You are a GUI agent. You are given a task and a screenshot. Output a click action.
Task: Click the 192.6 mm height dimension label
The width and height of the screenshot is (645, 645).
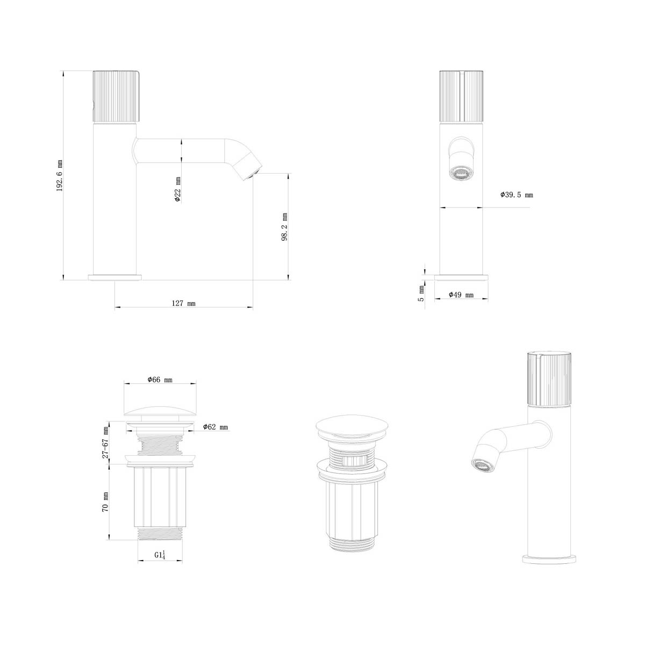coord(60,175)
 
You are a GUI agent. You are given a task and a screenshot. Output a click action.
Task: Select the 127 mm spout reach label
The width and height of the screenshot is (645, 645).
coord(183,303)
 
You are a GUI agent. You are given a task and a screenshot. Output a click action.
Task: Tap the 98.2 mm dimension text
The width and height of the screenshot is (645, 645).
coord(284,227)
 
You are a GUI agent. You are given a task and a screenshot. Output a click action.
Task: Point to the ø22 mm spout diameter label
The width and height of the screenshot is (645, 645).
coord(178,189)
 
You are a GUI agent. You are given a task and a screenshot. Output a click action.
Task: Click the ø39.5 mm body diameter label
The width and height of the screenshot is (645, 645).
coord(517,195)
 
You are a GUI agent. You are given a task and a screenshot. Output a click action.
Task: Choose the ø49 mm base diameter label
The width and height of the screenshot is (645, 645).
coord(461,295)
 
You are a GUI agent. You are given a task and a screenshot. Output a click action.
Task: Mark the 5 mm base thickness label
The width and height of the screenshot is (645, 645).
coord(421,293)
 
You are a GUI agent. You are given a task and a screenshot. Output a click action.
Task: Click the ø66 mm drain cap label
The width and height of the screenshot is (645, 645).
coord(160,379)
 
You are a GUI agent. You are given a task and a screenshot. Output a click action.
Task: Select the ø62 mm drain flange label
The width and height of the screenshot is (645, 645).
coord(215,427)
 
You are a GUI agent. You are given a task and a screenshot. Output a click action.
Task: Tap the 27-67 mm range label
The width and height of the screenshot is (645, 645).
coord(106,442)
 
